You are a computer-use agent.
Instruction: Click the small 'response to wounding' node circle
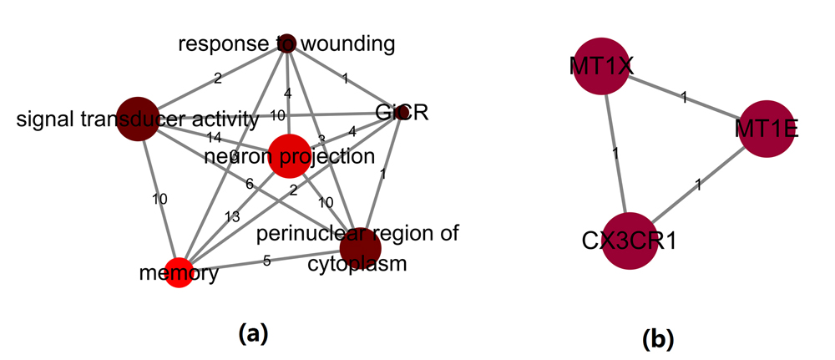287,42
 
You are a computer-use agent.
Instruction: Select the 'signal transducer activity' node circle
137,119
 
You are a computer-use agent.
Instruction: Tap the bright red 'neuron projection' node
289,155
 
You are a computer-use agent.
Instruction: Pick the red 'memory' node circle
179,273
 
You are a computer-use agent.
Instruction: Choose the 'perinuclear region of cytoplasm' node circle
360,248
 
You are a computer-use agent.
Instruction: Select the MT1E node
767,128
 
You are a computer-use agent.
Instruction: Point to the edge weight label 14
215,136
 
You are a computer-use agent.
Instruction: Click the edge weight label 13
231,216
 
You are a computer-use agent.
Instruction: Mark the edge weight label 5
267,261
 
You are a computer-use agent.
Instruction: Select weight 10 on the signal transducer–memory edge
159,199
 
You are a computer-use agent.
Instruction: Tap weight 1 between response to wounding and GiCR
344,79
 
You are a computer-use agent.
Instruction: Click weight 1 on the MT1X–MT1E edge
684,99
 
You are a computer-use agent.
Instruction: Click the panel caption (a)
253,334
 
